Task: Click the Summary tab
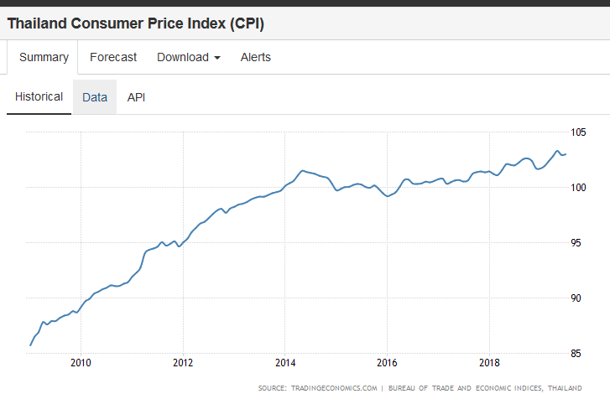click(44, 57)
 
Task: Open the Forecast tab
click(113, 57)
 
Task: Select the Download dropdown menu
click(189, 57)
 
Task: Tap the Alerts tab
click(256, 57)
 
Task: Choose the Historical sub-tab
click(39, 96)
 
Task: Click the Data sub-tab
click(95, 97)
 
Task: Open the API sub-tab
click(136, 97)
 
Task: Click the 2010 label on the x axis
click(81, 362)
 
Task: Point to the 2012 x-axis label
click(183, 362)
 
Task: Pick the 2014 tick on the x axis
click(285, 362)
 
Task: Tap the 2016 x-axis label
click(387, 362)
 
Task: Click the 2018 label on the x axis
click(489, 362)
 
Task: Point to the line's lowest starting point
click(31, 345)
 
